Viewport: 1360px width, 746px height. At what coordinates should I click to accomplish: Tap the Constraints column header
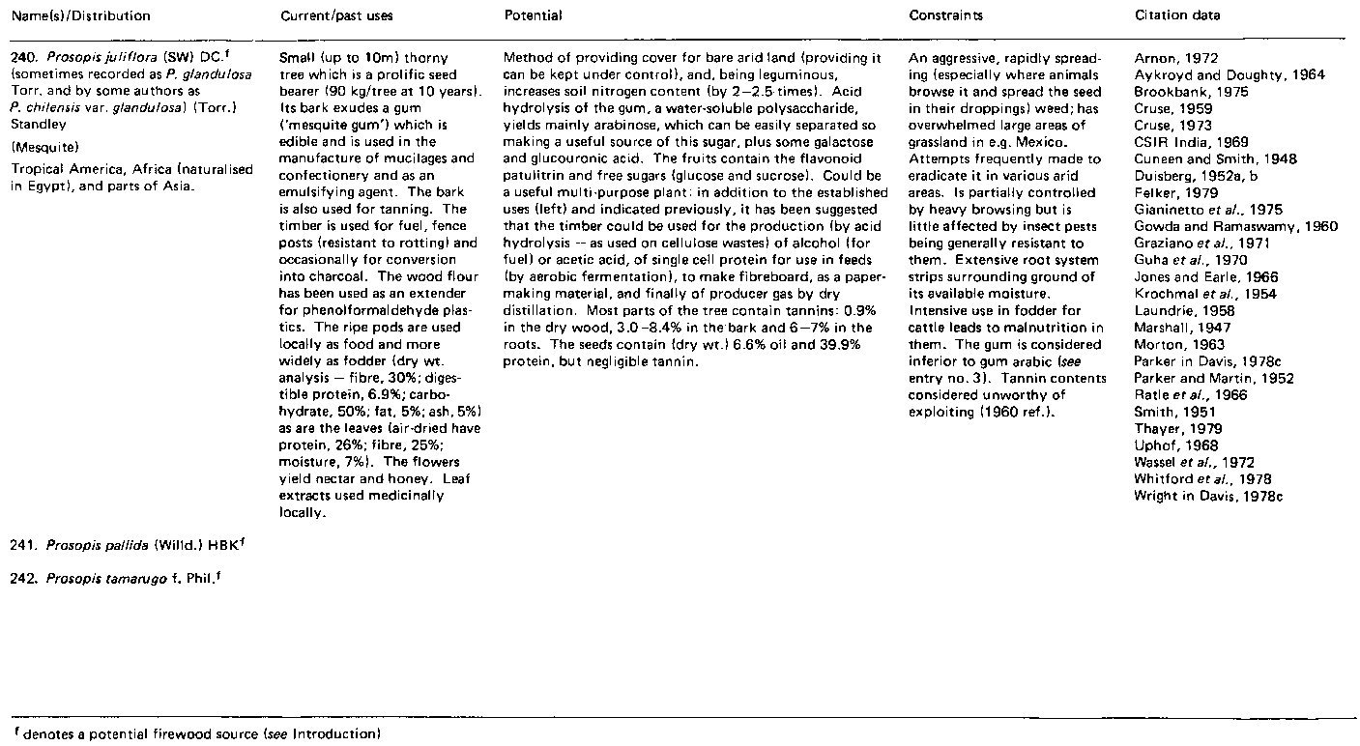pos(945,15)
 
